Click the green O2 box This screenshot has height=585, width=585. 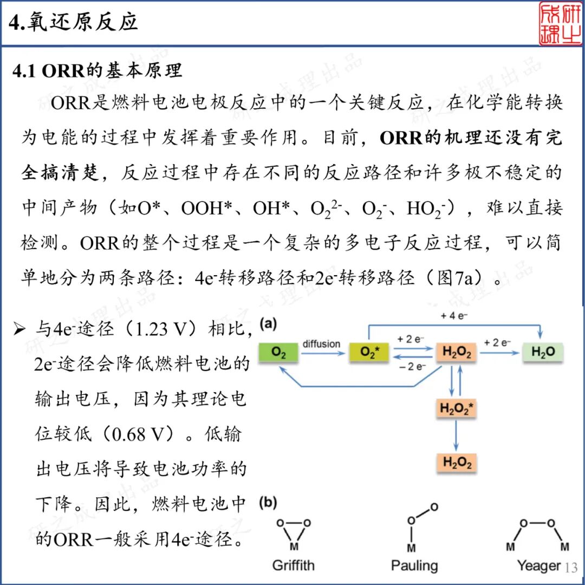tap(279, 353)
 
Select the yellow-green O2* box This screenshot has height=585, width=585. tap(368, 353)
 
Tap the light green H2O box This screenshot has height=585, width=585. tap(543, 353)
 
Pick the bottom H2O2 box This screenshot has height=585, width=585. tap(457, 463)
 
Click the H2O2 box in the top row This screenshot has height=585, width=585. tap(457, 353)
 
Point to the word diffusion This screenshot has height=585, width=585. tap(321, 344)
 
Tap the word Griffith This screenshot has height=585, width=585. tap(293, 566)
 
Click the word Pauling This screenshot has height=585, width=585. tap(414, 566)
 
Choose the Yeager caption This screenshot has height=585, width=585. tap(538, 566)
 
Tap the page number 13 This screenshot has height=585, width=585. tap(571, 568)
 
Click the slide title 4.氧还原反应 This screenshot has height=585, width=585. tap(74, 22)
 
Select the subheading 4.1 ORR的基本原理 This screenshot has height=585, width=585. tap(97, 71)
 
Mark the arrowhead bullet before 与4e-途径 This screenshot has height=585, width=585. tap(19, 329)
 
